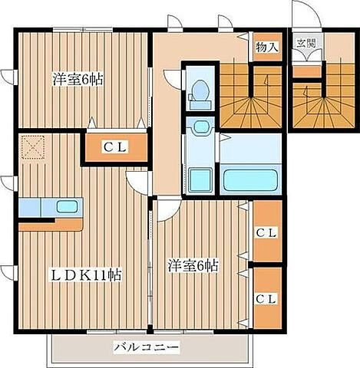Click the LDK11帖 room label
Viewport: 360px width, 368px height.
point(86,275)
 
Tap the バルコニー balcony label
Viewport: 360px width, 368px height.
point(146,347)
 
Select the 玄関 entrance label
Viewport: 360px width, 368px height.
point(306,43)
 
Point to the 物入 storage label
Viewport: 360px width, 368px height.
point(267,47)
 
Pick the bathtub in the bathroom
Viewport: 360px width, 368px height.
point(250,180)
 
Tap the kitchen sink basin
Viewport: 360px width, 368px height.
point(67,206)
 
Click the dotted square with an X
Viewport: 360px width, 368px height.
point(33,147)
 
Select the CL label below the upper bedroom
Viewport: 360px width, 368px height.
point(115,147)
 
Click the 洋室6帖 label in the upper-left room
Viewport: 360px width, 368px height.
point(78,79)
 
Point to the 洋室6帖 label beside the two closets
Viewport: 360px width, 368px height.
point(193,265)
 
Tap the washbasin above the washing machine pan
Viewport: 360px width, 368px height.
point(202,127)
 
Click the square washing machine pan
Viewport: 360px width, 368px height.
point(201,180)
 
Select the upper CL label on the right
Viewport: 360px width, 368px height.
point(266,233)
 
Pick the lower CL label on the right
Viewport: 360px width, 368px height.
point(266,299)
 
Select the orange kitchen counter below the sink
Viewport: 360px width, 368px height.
point(51,225)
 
